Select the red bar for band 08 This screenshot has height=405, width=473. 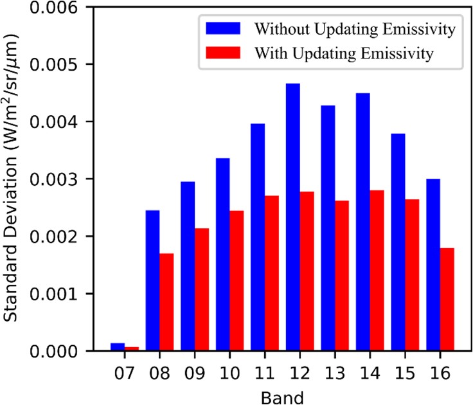coord(166,302)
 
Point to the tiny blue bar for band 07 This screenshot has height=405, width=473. coord(118,347)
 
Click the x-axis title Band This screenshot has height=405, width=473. coord(281,395)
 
